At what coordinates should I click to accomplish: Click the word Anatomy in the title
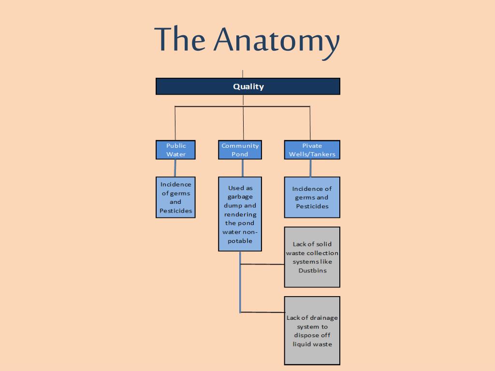click(277, 40)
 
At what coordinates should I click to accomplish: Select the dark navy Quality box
click(248, 86)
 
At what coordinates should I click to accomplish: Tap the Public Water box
click(175, 150)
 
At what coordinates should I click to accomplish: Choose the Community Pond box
click(240, 150)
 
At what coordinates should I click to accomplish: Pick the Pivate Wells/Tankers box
click(312, 150)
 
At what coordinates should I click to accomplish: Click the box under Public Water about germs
click(175, 197)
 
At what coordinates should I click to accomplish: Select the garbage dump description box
click(240, 214)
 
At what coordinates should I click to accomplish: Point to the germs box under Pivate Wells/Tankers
click(312, 197)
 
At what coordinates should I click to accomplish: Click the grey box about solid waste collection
click(312, 257)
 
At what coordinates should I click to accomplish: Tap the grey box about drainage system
click(312, 330)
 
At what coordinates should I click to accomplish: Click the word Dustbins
click(312, 271)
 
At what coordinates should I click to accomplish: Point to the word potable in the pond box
click(240, 241)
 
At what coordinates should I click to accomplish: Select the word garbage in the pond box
click(240, 197)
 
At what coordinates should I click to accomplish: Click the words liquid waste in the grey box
click(312, 344)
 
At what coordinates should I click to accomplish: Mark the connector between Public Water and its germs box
click(175, 168)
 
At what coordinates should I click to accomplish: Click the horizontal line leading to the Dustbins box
click(262, 264)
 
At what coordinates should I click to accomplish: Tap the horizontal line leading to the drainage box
click(262, 312)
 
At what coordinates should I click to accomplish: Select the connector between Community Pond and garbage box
click(242, 168)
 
